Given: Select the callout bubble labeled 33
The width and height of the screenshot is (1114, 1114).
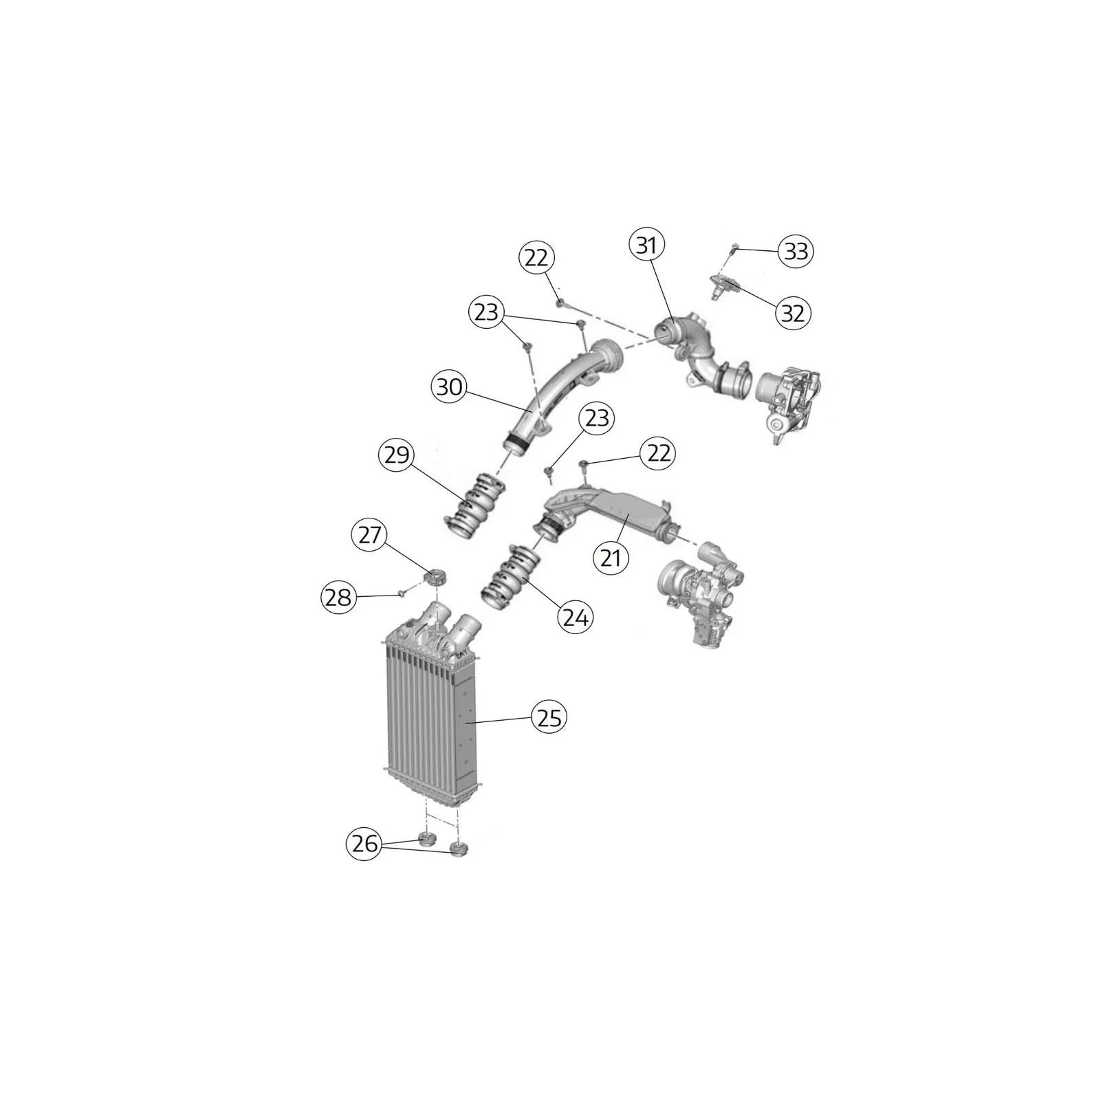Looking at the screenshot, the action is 796,251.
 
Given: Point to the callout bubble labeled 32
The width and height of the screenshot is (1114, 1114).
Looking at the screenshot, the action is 793,313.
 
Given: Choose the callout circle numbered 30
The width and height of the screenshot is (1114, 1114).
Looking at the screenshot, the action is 450,387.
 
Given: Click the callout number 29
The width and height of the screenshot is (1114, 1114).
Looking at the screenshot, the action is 397,455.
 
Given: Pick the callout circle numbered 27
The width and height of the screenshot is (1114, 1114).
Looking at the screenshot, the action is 370,534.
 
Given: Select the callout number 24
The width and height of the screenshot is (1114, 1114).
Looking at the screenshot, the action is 576,618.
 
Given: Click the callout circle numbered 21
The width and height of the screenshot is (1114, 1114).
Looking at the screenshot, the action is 611,558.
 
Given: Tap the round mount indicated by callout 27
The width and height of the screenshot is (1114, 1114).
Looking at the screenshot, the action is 434,578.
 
